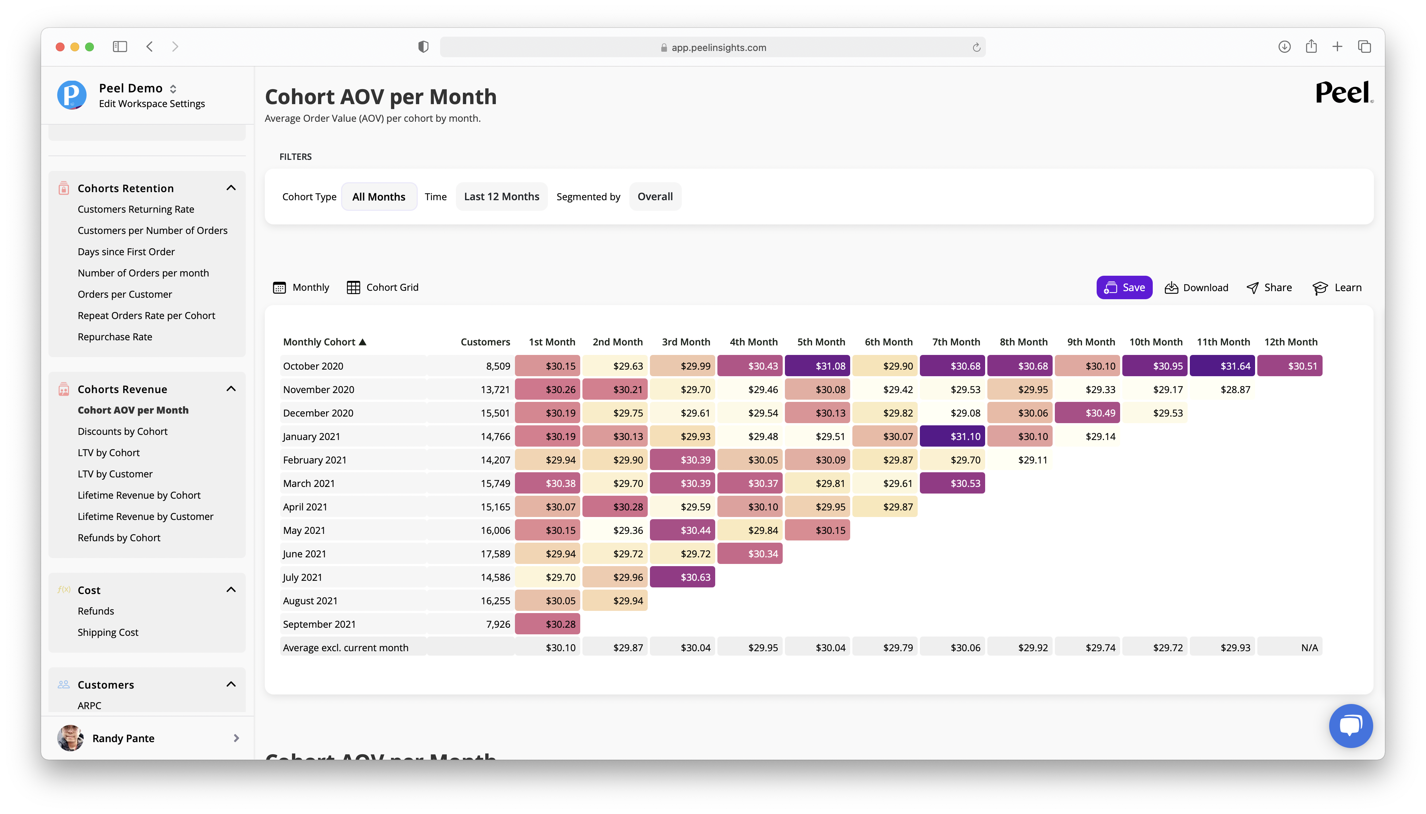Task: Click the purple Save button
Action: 1124,287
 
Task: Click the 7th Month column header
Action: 956,342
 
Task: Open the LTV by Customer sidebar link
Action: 115,473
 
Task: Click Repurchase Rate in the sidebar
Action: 115,337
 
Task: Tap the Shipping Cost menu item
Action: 108,632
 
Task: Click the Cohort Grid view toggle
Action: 383,287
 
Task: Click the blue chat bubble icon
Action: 1350,725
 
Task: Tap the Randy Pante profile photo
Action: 70,738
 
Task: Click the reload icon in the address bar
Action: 976,48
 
